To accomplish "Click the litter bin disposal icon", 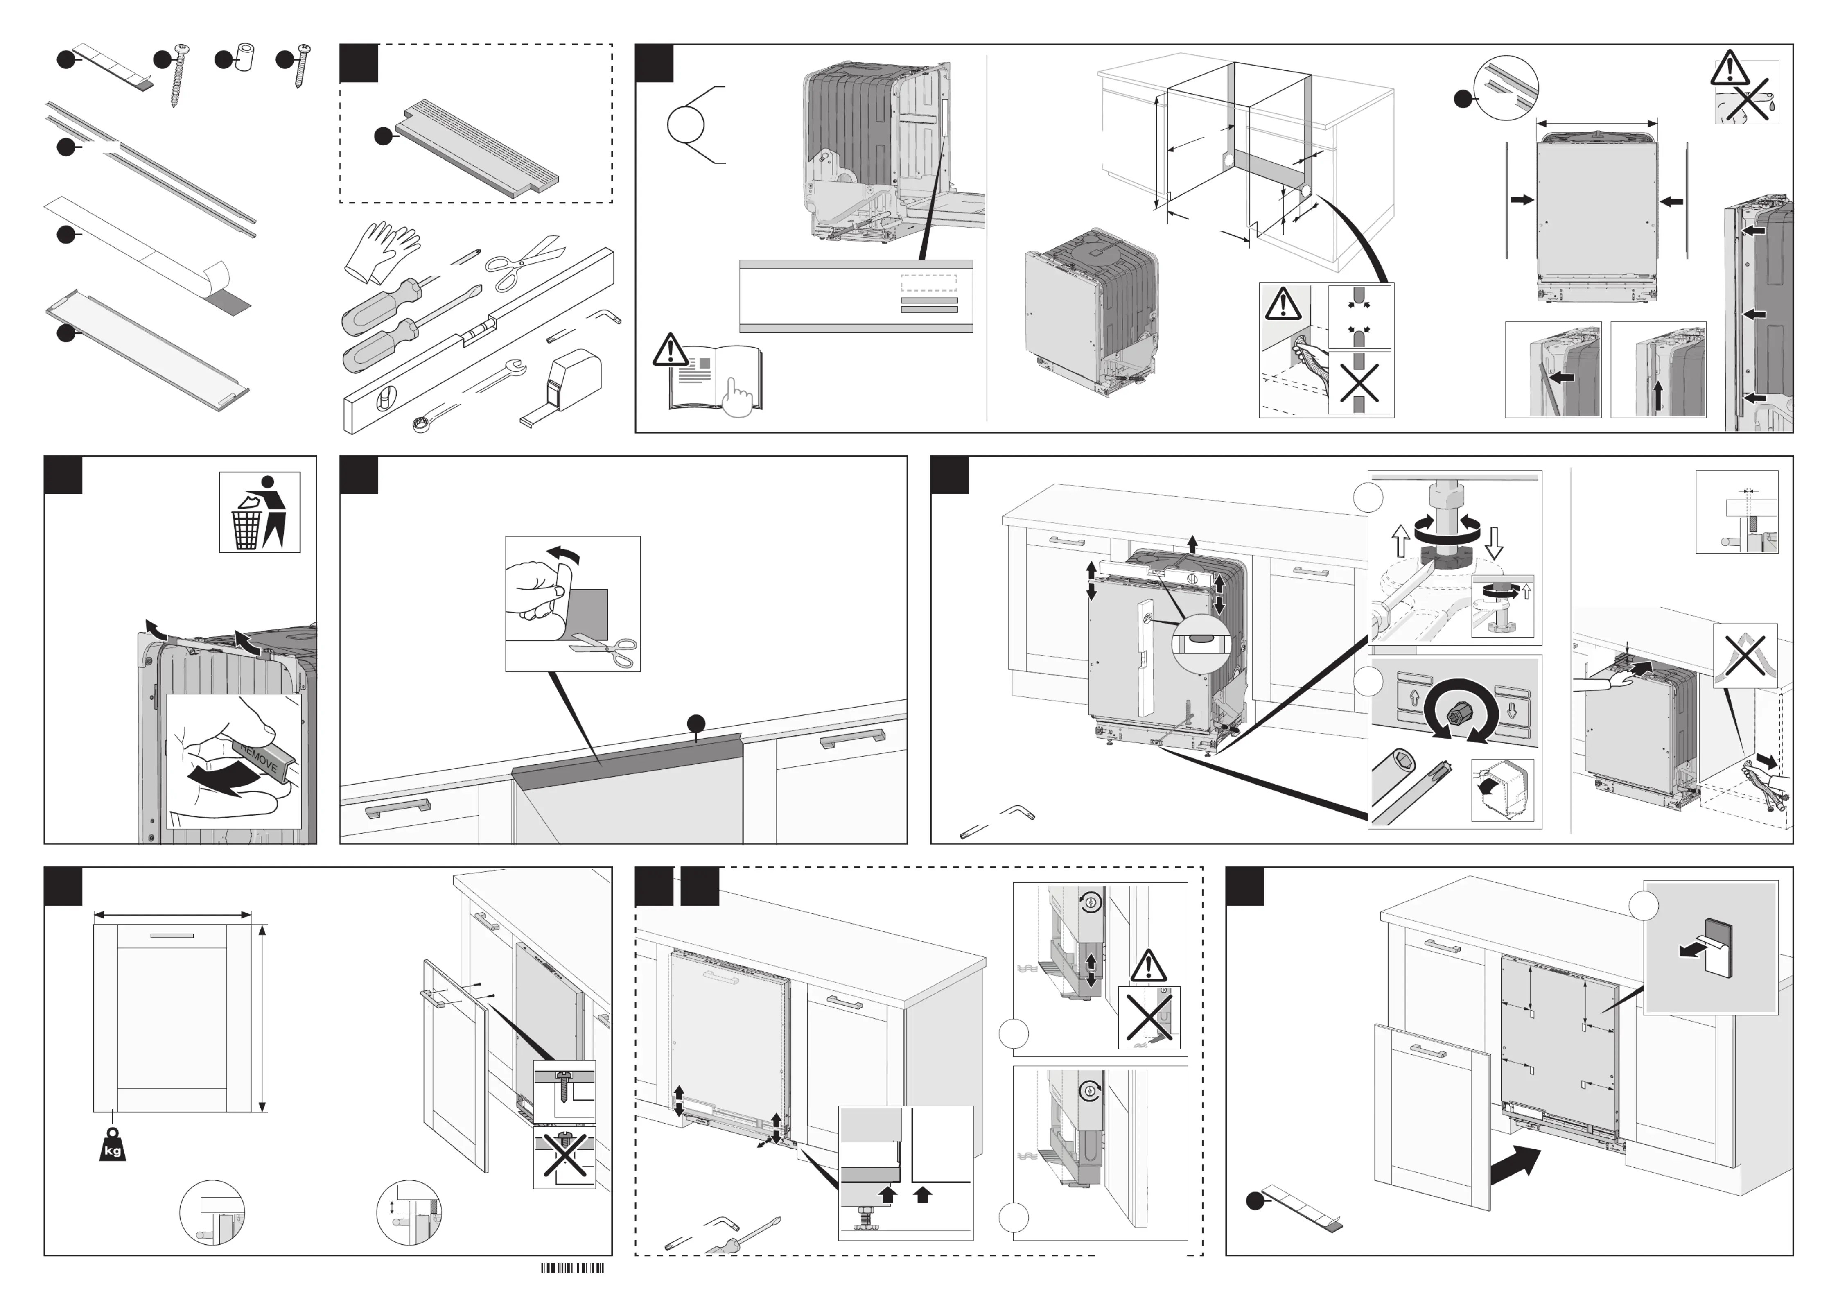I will click(260, 512).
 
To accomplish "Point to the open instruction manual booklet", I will click(715, 380).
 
